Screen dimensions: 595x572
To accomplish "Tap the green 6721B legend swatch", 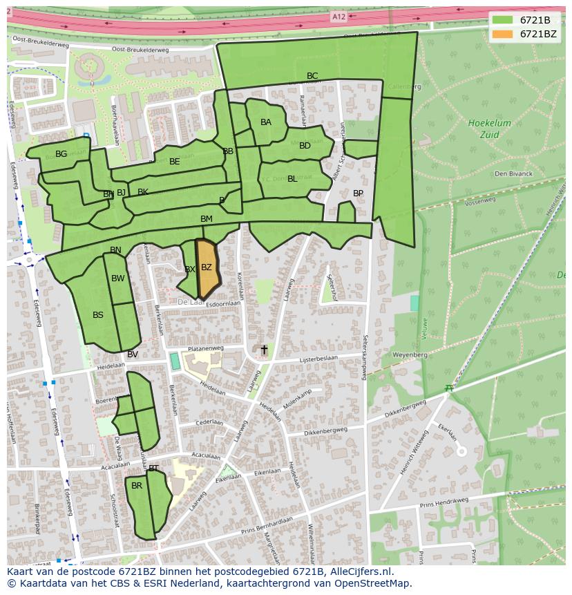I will pos(502,20).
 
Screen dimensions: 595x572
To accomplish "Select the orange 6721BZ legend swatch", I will pos(502,34).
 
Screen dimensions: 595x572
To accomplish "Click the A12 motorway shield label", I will pos(338,17).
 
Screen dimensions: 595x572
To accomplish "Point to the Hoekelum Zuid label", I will pos(489,129).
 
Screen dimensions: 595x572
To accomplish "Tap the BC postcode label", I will pos(312,76).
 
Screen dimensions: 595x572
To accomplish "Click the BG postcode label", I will pos(61,154).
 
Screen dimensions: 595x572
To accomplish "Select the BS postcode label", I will pos(98,315).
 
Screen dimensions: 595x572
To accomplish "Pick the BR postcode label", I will pos(137,486).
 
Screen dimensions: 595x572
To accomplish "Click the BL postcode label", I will pos(292,179).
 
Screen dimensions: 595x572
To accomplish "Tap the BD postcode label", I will pos(305,146).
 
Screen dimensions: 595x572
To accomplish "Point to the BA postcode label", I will pos(266,122).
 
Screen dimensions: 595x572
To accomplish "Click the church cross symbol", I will pos(263,350).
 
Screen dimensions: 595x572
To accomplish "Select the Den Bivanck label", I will pos(513,173).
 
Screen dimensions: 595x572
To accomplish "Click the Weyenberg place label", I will pos(410,354).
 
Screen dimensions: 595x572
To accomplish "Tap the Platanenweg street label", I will pos(207,348).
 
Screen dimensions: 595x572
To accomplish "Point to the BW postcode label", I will pos(118,278).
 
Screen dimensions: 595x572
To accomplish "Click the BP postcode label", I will pos(358,193).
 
